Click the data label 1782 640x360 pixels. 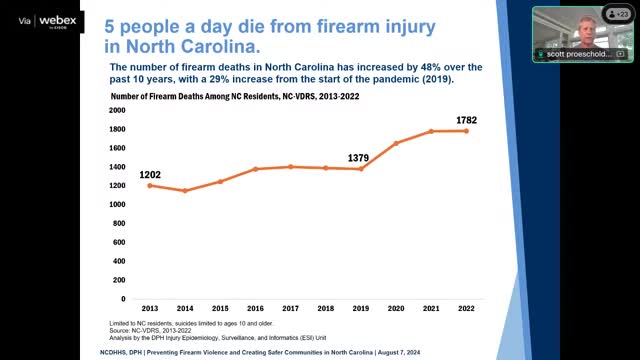click(466, 120)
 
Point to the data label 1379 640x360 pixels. click(361, 158)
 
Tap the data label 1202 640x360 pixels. click(150, 174)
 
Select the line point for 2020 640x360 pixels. click(396, 143)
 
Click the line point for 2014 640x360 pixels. click(184, 190)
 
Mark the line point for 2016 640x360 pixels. click(255, 169)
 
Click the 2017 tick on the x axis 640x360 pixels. click(290, 309)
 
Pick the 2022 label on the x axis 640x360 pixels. click(466, 309)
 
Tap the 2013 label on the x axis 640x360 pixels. click(150, 309)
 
